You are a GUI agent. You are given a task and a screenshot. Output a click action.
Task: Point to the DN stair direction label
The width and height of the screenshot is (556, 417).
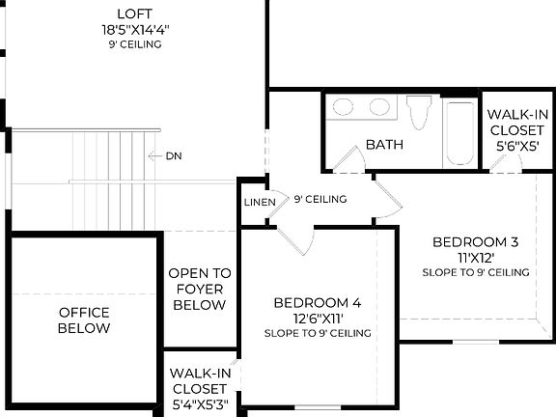coord(174,155)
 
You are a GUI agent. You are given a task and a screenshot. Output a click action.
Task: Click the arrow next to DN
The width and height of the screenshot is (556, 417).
coord(153,155)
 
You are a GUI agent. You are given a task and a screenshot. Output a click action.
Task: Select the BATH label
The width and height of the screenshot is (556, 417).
coord(383,146)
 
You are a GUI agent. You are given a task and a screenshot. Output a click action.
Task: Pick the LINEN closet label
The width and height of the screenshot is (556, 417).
coord(260,203)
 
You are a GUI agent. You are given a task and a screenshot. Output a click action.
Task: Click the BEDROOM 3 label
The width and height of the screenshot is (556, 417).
coord(475,241)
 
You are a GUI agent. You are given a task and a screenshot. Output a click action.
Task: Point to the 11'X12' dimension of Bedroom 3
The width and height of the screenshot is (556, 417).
coord(475,258)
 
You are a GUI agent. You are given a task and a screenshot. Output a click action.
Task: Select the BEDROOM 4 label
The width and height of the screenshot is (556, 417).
coord(317,302)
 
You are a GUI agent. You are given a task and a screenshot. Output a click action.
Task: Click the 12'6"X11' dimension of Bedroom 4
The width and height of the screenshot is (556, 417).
coord(317,318)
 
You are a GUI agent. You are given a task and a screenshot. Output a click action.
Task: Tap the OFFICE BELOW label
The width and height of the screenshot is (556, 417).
coord(84,320)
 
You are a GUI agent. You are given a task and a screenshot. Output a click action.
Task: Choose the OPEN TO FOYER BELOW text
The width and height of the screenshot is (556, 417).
coord(200,289)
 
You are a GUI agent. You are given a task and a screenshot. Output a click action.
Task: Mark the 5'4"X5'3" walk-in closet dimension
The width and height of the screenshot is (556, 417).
coord(200,403)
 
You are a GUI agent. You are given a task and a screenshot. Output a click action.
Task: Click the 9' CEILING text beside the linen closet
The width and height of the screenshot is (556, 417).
coord(320,200)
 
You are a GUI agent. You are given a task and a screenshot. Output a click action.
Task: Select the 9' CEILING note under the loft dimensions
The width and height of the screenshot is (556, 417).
coord(134,44)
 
